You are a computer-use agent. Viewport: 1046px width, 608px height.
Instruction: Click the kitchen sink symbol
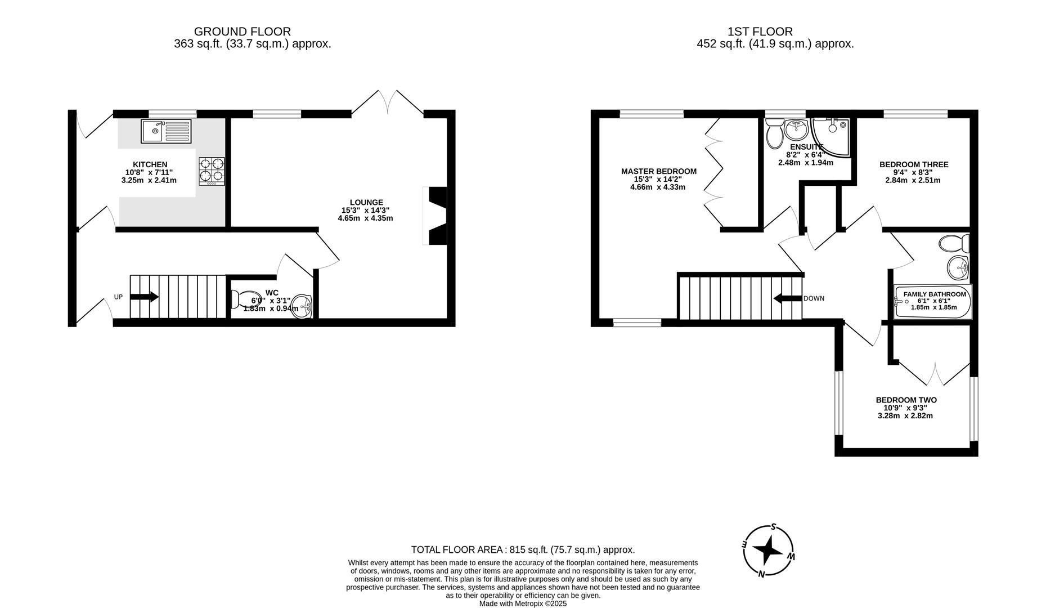(166, 131)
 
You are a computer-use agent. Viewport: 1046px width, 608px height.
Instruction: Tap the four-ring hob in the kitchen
(212, 171)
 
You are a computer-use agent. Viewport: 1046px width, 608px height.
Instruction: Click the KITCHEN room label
(150, 164)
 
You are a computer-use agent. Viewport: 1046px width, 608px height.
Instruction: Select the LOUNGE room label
(366, 202)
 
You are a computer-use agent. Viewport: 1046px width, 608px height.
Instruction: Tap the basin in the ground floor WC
(303, 307)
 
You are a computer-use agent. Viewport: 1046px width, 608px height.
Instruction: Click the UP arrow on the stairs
(144, 297)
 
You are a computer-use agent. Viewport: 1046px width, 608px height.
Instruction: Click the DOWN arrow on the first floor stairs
(787, 298)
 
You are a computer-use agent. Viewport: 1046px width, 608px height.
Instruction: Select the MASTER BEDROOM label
(658, 171)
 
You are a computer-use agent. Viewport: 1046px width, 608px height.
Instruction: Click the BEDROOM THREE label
(913, 164)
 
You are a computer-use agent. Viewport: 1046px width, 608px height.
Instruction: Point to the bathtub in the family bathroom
(932, 302)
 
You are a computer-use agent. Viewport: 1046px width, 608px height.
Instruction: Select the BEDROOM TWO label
(906, 400)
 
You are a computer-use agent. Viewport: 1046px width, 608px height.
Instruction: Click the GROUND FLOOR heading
(242, 32)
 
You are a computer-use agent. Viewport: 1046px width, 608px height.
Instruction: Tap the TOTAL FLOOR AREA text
(522, 550)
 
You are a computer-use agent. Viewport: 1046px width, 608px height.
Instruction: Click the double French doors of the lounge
(388, 103)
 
